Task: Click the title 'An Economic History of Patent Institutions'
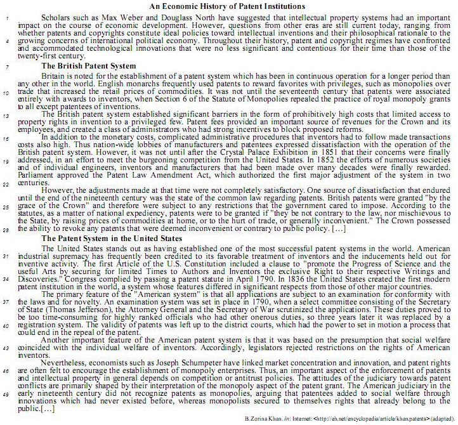(235, 6)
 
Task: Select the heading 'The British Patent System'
(88, 66)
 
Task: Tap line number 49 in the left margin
(6, 395)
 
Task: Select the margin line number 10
(6, 93)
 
